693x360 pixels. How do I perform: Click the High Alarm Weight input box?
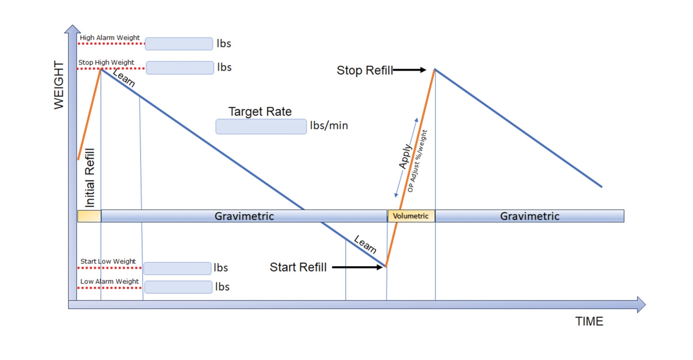(x=179, y=44)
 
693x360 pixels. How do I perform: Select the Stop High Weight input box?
(x=180, y=67)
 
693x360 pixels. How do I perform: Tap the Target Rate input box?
(x=261, y=126)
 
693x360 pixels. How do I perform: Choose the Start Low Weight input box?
(x=177, y=268)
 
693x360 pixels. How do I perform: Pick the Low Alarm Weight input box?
(x=178, y=287)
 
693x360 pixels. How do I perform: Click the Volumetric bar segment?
(x=411, y=216)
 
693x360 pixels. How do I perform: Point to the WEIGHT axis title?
(x=59, y=85)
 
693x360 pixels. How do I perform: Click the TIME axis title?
(x=589, y=321)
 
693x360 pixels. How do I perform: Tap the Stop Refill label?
(x=364, y=71)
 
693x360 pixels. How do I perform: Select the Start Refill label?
(x=298, y=267)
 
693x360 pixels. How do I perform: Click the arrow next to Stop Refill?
(x=409, y=70)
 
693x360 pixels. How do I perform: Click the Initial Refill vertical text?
(x=90, y=178)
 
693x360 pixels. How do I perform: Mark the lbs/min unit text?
(x=329, y=126)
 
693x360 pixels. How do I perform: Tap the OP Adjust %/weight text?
(x=418, y=161)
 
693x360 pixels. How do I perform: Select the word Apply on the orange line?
(x=405, y=156)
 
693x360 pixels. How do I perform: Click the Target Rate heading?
(x=260, y=112)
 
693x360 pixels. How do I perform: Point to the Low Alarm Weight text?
(x=109, y=282)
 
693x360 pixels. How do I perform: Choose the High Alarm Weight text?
(x=110, y=38)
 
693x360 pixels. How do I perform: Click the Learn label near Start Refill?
(x=365, y=244)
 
